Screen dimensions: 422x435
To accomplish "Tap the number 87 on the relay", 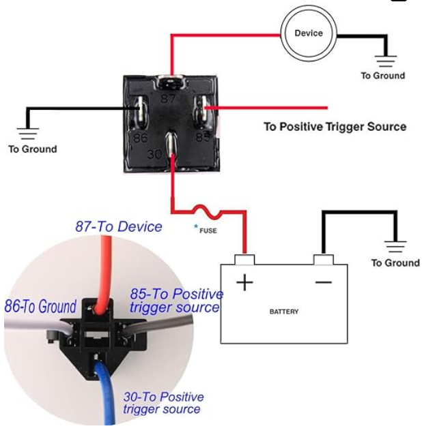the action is click(168, 99).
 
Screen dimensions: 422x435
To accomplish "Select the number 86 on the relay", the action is click(140, 138).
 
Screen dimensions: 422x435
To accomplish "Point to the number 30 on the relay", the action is click(154, 154).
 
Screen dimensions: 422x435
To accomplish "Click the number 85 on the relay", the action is click(203, 137).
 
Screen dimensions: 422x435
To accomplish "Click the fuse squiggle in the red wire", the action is click(208, 211).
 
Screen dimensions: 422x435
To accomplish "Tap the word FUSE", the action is click(208, 230).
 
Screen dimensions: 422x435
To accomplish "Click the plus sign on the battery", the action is click(244, 282).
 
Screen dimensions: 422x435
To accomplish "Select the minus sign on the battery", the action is click(324, 282).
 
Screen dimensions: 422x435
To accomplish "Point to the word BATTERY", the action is click(284, 312).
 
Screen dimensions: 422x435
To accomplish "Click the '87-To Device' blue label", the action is click(119, 226).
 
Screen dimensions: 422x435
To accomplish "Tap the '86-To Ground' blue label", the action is click(40, 306).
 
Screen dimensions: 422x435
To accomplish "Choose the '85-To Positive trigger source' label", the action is click(176, 301).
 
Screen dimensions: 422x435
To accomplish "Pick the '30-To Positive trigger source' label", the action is click(163, 403).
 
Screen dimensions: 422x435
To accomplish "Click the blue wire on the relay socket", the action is click(105, 394).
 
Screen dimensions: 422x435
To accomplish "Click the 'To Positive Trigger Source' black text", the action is click(335, 127).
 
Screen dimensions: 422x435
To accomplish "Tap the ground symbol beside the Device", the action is click(386, 61).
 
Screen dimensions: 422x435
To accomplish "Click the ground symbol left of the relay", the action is click(28, 134).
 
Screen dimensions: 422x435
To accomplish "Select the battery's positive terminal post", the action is click(244, 259).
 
